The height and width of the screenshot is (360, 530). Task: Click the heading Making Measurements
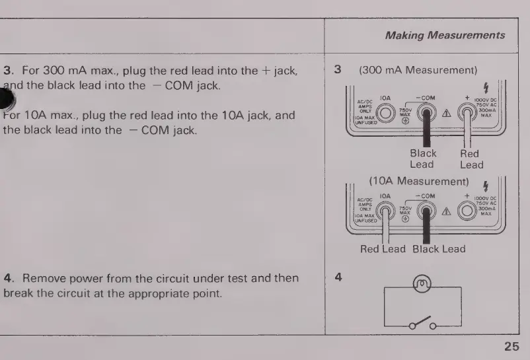tap(445, 35)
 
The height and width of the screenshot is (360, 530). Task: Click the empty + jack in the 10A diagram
tap(468, 212)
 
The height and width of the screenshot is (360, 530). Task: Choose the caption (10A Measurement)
tap(418, 181)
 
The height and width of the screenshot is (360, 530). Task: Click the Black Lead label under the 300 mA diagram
tap(423, 159)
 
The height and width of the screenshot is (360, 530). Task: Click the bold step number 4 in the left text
tap(7, 278)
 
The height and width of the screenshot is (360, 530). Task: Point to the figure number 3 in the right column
tap(338, 69)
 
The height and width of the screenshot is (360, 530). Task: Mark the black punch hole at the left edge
tap(6, 99)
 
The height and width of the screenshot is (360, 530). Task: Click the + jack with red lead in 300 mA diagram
tap(469, 113)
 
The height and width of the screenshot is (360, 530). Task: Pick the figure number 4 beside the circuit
tap(338, 278)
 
